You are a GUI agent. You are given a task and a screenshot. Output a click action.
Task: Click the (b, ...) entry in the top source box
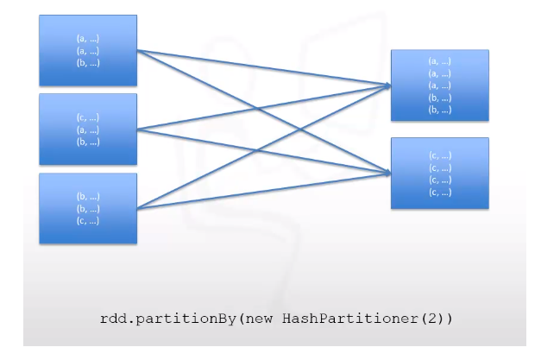[x=88, y=62]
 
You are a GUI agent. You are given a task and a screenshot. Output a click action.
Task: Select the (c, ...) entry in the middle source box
[x=88, y=118]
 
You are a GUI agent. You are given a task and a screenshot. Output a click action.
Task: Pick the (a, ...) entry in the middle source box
[x=88, y=130]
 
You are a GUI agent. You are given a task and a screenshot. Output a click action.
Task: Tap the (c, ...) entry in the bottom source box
[x=88, y=221]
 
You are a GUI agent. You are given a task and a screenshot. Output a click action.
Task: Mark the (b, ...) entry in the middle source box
[x=88, y=142]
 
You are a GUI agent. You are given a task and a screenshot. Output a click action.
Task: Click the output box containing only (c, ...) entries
[x=440, y=173]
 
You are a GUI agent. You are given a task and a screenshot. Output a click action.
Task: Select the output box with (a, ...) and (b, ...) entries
[x=440, y=85]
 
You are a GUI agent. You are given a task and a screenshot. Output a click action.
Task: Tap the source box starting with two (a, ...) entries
[x=88, y=50]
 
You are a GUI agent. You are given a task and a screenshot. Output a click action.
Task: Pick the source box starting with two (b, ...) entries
[x=88, y=209]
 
